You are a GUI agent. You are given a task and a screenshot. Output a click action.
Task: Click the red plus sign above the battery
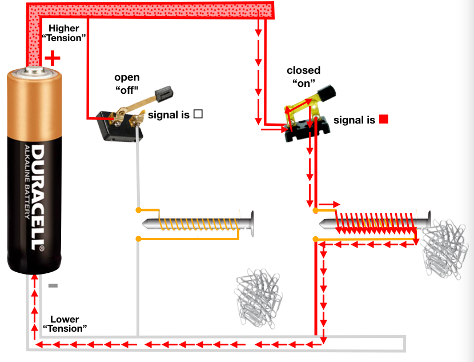point(53,58)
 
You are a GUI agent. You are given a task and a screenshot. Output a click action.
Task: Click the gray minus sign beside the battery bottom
point(53,285)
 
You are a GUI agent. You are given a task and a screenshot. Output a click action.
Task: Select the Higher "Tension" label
point(64,33)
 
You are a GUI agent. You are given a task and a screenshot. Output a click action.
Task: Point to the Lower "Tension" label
point(65,324)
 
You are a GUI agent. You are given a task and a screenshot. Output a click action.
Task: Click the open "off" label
point(126,83)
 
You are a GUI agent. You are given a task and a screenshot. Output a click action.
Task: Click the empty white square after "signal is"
point(198,114)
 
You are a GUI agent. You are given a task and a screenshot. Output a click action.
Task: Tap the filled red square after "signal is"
point(384,120)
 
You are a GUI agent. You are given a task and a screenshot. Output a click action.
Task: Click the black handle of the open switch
point(165,92)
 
